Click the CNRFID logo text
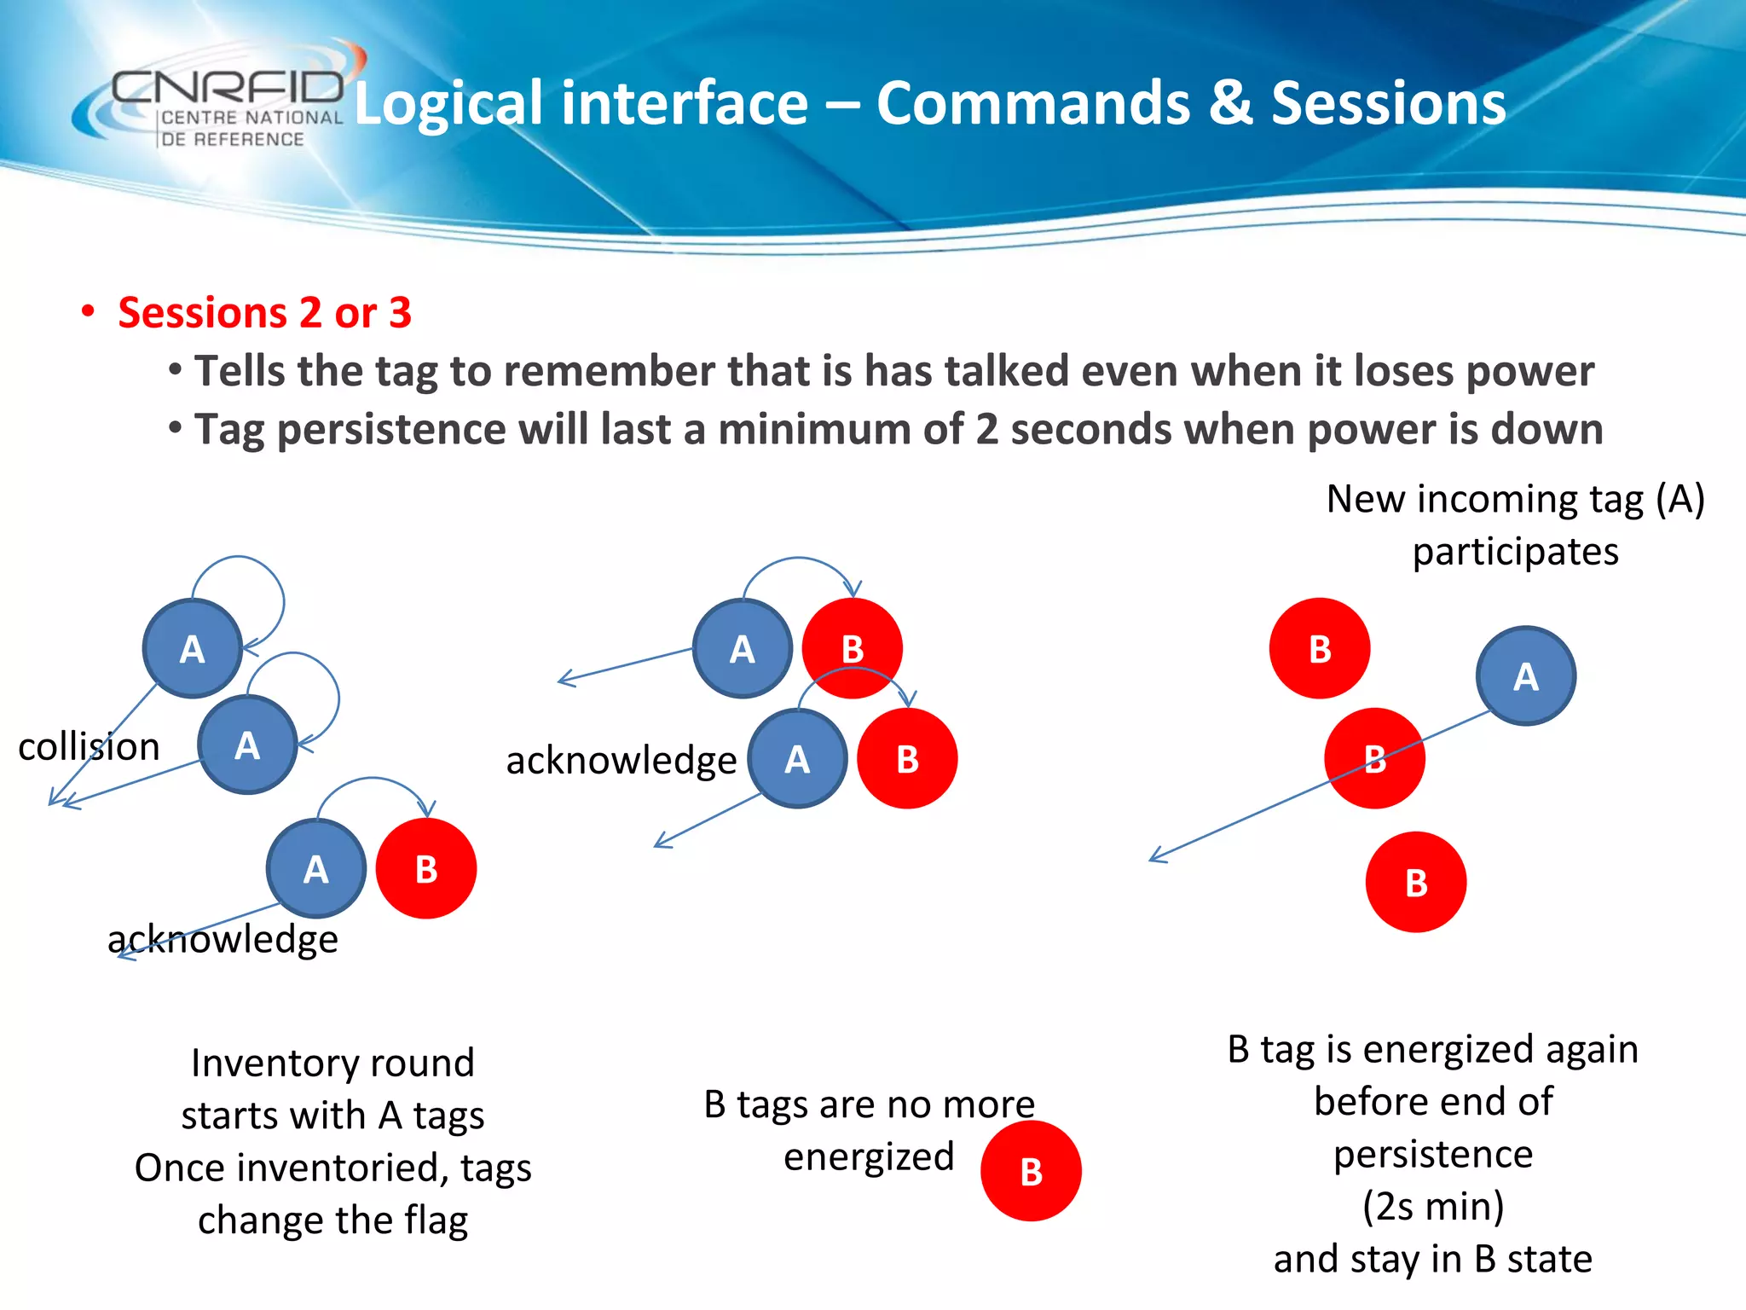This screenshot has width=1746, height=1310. pyautogui.click(x=227, y=86)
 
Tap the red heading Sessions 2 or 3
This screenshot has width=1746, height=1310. pyautogui.click(x=264, y=313)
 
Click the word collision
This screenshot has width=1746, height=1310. pyautogui.click(x=89, y=747)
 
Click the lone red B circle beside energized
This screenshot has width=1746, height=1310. pyautogui.click(x=1031, y=1171)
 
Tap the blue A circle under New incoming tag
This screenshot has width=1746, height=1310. pyautogui.click(x=1525, y=676)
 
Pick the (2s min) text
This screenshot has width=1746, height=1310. pyautogui.click(x=1432, y=1206)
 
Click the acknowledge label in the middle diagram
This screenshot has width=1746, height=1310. pyautogui.click(x=621, y=760)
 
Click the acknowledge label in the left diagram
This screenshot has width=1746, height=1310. pyautogui.click(x=223, y=939)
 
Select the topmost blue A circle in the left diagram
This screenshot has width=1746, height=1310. pyautogui.click(x=193, y=649)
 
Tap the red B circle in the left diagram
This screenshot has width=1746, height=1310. pyautogui.click(x=426, y=869)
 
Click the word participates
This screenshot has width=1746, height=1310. pyautogui.click(x=1515, y=552)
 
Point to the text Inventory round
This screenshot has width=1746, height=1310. pyautogui.click(x=332, y=1064)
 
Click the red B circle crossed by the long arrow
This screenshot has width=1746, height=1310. pyautogui.click(x=1373, y=758)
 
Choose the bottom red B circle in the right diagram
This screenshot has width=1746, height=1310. pyautogui.click(x=1415, y=883)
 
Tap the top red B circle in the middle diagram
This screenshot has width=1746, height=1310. pyautogui.click(x=853, y=649)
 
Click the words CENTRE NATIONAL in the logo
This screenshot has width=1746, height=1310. pyautogui.click(x=251, y=118)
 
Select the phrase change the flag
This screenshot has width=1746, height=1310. pyautogui.click(x=332, y=1220)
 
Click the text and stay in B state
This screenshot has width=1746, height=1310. pyautogui.click(x=1432, y=1259)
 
